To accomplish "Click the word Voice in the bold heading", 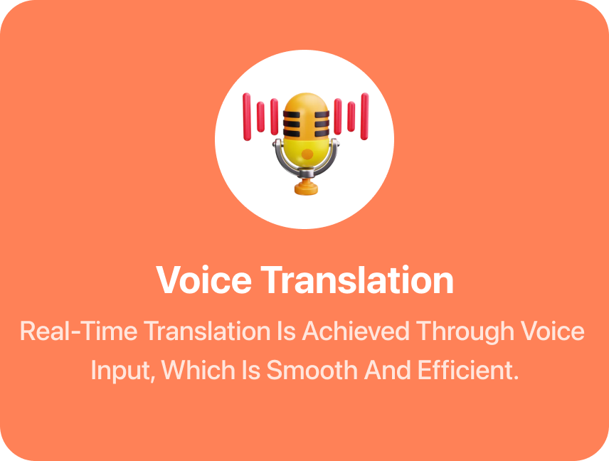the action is click(x=204, y=280).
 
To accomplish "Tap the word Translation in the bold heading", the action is click(x=357, y=280).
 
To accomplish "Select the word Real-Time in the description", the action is click(x=79, y=332).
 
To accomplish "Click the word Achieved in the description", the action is click(x=356, y=332).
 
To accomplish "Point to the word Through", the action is click(x=465, y=332).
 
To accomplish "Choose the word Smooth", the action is click(x=312, y=370).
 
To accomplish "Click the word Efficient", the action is click(x=468, y=370).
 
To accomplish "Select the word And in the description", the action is click(x=388, y=370).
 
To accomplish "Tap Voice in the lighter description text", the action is click(x=553, y=332).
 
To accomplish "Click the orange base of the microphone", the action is click(x=306, y=187).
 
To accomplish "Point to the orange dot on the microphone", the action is click(x=307, y=154).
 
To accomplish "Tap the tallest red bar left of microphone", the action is click(x=247, y=117).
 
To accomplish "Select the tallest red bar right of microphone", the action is click(x=364, y=116).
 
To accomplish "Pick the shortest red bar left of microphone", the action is click(x=260, y=117).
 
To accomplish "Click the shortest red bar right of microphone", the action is click(x=351, y=117).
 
